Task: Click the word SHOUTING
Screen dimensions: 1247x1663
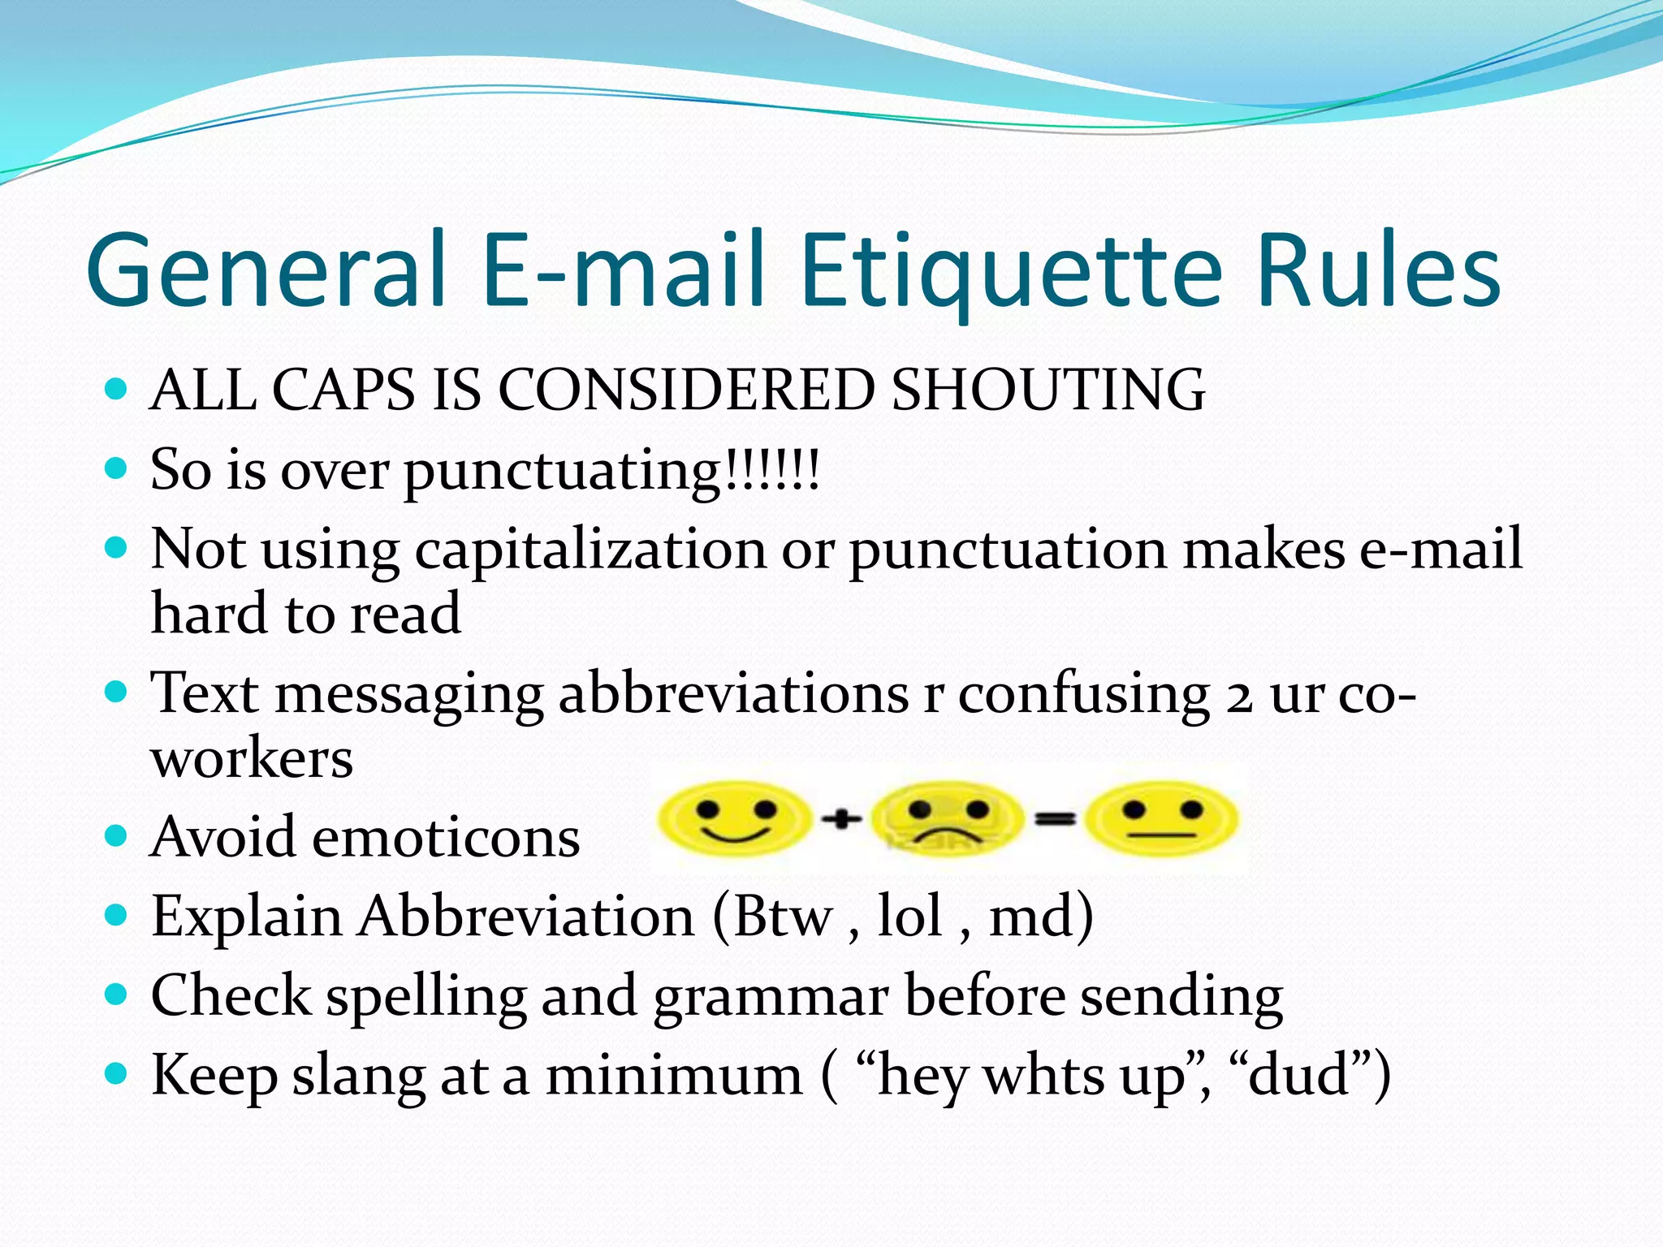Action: click(1048, 390)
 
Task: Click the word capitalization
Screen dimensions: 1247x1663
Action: click(590, 550)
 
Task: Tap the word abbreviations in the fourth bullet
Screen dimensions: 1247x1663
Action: click(733, 694)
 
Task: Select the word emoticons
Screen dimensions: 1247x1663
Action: click(446, 838)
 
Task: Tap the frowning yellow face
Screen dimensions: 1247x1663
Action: click(947, 818)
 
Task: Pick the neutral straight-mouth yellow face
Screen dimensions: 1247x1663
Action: click(1161, 818)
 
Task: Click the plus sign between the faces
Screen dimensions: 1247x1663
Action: click(841, 819)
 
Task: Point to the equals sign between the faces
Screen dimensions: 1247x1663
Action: click(1054, 819)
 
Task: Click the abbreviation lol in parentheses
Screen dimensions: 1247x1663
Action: click(910, 917)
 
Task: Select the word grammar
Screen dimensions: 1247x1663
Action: click(771, 997)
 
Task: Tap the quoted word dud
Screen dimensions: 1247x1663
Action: click(1299, 1075)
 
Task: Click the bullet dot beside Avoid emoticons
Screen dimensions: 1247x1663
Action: click(117, 835)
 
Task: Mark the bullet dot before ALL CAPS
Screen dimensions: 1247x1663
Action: click(117, 389)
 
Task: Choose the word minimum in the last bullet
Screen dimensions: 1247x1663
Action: click(673, 1077)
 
